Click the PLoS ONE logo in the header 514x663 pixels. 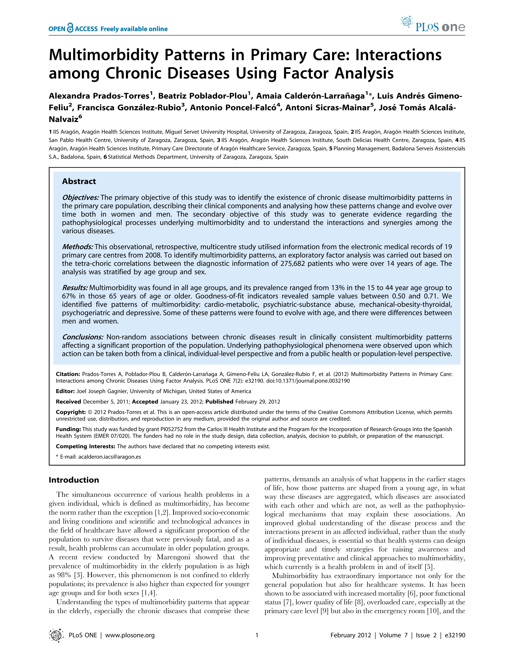433,25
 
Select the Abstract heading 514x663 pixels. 79,181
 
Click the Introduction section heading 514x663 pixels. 74,480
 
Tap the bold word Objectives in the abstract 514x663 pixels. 80,198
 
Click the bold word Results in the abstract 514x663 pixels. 75,288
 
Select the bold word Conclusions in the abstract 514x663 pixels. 82,337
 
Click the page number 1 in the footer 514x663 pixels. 257,635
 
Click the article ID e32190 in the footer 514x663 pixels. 455,635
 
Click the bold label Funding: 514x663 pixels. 68,429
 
